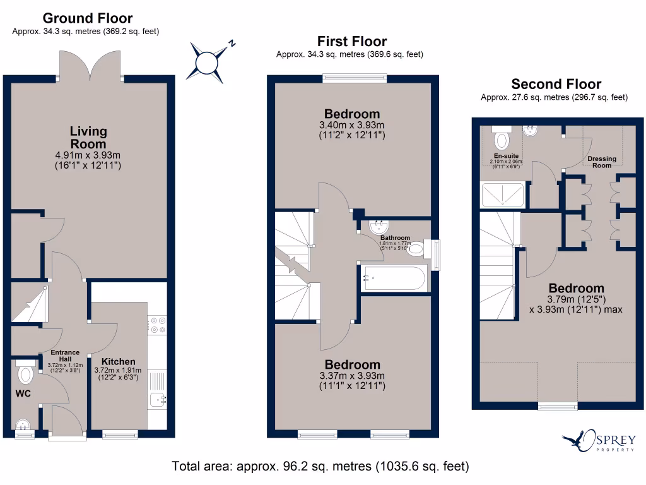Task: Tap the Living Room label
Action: pos(88,137)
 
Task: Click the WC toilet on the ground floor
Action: pos(26,373)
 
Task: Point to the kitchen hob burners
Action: pos(157,325)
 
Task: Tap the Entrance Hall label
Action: pos(65,356)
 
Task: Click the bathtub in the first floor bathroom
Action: pos(393,278)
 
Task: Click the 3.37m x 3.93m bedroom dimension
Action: pos(353,376)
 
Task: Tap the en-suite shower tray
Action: pos(502,195)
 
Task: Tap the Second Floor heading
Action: pos(556,84)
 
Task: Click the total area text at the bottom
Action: pos(320,467)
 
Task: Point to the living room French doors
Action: pos(90,66)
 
